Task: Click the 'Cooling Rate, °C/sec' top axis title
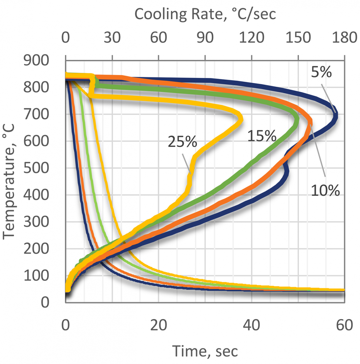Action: (x=205, y=14)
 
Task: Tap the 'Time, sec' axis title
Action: (x=205, y=351)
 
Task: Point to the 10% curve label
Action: (x=325, y=190)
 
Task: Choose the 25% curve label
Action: (x=182, y=142)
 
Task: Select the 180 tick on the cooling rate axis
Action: (x=344, y=38)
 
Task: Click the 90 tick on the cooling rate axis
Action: (x=205, y=38)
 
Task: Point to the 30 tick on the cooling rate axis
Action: (x=112, y=38)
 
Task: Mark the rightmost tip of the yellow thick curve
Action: (x=241, y=119)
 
